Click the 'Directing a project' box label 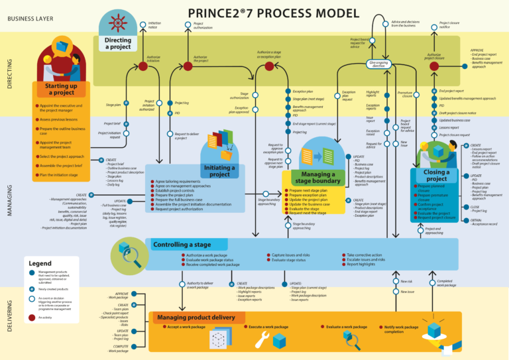click(x=118, y=44)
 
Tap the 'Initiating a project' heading click(x=219, y=170)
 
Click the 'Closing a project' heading click(x=436, y=175)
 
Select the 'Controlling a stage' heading click(x=182, y=245)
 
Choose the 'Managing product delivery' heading click(x=196, y=318)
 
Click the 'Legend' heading click(x=41, y=264)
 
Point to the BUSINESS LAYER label click(x=30, y=19)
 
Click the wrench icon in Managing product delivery click(x=260, y=339)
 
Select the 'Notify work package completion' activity click(x=401, y=329)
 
